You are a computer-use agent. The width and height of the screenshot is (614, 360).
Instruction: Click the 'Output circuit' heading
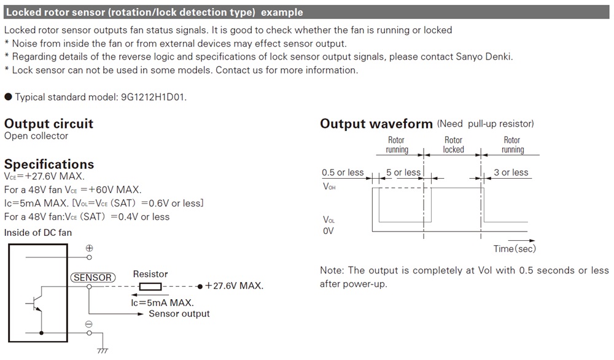click(49, 123)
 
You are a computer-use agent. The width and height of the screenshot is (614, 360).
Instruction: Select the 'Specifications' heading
click(49, 164)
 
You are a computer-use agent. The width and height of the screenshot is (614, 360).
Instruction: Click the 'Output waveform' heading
click(376, 124)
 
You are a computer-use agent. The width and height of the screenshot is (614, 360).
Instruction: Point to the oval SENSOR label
click(93, 278)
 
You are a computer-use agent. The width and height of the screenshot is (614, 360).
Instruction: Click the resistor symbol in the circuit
click(150, 286)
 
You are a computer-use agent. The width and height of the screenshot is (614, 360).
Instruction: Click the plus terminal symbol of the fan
click(89, 248)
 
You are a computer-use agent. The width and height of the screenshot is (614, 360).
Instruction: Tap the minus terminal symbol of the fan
click(89, 324)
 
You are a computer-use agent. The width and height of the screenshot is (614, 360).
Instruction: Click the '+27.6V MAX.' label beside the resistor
click(235, 286)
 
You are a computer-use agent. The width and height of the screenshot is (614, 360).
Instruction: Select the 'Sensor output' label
click(179, 314)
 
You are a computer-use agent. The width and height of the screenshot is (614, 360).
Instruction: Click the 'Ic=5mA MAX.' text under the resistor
click(162, 303)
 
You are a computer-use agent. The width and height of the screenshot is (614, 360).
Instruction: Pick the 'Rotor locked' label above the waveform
click(453, 145)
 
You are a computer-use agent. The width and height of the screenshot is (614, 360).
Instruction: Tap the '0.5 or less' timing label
click(343, 173)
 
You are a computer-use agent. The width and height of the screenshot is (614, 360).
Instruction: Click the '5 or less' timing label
click(403, 173)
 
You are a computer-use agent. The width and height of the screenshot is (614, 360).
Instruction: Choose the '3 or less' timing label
click(511, 173)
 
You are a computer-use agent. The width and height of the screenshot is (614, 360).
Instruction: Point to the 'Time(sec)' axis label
click(515, 249)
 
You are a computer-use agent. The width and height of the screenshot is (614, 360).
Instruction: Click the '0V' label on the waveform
click(328, 232)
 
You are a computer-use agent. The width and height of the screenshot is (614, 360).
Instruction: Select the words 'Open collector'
click(36, 136)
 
